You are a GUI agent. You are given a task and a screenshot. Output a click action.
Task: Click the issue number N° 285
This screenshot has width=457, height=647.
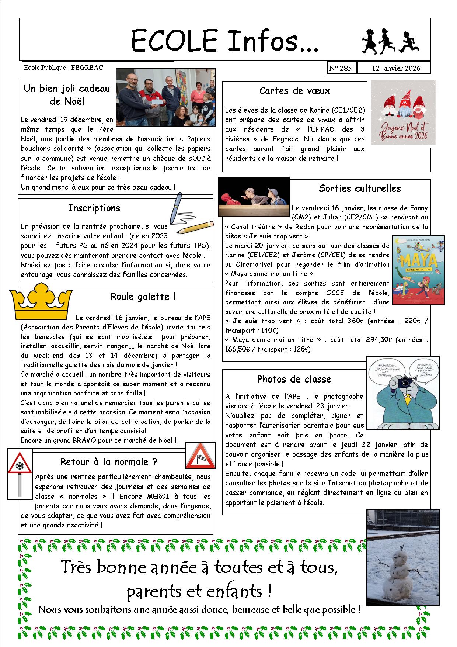(341, 68)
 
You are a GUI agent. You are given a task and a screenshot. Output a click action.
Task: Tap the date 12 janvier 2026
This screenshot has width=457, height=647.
(396, 68)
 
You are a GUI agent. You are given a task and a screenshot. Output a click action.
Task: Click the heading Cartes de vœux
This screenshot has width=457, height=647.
(294, 91)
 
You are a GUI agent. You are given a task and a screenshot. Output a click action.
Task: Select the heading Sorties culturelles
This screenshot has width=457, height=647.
(359, 188)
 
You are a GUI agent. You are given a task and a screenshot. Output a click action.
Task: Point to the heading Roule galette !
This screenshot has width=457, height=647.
(143, 297)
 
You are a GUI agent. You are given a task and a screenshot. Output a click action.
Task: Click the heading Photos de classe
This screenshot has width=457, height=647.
(294, 379)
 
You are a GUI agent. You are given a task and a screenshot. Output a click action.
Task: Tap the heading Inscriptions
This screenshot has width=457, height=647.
(94, 208)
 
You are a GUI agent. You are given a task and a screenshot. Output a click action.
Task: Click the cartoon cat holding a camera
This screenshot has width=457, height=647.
(402, 394)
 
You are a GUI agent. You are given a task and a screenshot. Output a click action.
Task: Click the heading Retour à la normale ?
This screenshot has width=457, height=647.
(109, 462)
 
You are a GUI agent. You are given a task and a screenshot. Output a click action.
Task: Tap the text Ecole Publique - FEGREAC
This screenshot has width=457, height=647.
(63, 68)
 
